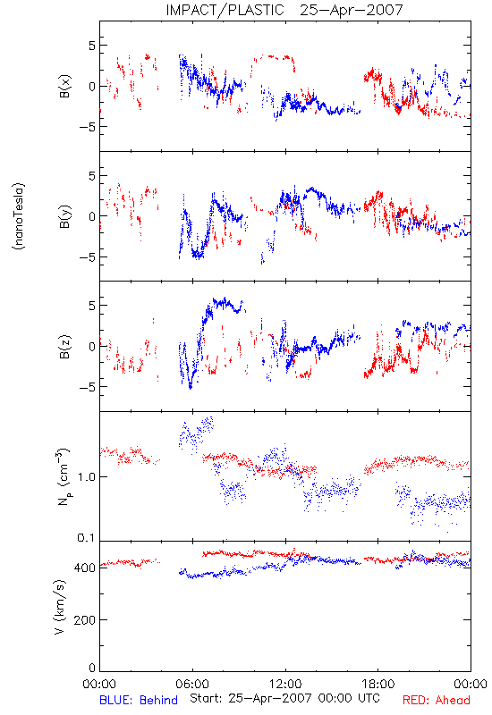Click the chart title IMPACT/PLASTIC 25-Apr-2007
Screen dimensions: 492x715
[284, 10]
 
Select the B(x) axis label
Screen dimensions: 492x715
[65, 86]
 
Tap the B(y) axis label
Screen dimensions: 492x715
[65, 216]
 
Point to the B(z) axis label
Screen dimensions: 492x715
[65, 346]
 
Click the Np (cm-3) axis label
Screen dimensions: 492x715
[64, 476]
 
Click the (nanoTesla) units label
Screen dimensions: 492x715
[19, 216]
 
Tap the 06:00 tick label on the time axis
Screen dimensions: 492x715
[192, 684]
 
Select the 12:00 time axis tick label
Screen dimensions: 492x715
[285, 684]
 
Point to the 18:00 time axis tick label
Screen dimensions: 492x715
[378, 684]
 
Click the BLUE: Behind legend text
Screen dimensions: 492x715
[139, 700]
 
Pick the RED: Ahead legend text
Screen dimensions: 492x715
[436, 700]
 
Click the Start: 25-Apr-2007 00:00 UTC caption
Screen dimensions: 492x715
[284, 698]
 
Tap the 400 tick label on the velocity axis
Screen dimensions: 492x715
[84, 568]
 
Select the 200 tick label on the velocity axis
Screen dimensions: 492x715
[84, 619]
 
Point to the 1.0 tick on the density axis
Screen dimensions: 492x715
[86, 476]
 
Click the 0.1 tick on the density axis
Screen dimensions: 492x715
[86, 538]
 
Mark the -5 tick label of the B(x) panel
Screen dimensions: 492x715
[87, 127]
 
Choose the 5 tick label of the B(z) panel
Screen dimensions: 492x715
[92, 306]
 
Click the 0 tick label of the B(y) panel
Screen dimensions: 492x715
[92, 216]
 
